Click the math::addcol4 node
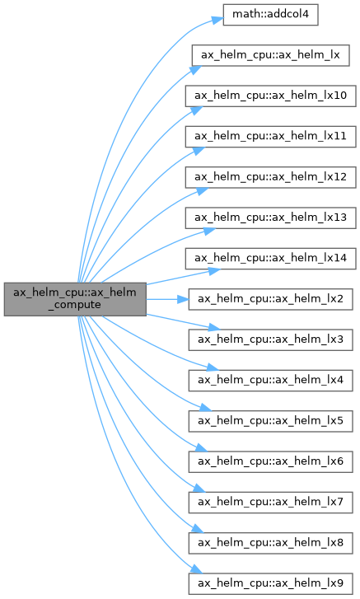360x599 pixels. point(270,15)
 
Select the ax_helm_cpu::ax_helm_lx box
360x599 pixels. point(270,55)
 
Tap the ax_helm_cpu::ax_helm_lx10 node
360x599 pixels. point(271,96)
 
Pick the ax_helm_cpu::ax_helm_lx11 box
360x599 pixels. point(271,137)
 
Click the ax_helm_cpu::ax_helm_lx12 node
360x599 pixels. point(271,177)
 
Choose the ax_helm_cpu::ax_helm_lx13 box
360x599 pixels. point(271,218)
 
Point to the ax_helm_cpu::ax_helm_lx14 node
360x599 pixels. point(271,259)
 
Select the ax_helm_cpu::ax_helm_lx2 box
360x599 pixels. point(271,299)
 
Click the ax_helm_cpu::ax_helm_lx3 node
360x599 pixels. point(271,339)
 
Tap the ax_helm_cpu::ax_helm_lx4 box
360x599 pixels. point(271,381)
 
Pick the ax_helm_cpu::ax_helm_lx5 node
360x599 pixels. point(271,421)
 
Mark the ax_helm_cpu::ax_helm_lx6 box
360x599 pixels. point(271,461)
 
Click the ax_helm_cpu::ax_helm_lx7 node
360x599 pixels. point(271,503)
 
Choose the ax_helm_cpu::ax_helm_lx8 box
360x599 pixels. point(271,543)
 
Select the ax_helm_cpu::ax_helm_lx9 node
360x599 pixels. point(271,583)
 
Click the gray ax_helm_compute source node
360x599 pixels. point(75,299)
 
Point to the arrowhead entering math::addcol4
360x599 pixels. point(218,21)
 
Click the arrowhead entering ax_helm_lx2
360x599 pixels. point(183,299)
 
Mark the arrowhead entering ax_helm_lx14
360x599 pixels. point(214,271)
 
